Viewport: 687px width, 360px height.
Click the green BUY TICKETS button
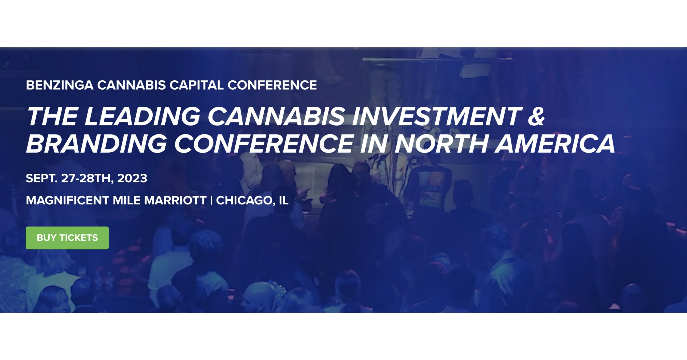[x=67, y=238]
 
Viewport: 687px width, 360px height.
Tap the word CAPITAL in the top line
[x=196, y=85]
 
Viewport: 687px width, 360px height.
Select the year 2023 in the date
[x=132, y=178]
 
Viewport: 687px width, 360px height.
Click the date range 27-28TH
[x=85, y=178]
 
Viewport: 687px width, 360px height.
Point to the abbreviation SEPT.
[x=41, y=178]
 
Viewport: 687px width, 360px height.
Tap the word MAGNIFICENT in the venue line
[x=67, y=200]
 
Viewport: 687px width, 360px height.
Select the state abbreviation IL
[x=283, y=200]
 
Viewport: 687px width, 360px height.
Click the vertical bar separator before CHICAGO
[x=211, y=200]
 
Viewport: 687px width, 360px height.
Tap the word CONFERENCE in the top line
[x=272, y=85]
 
